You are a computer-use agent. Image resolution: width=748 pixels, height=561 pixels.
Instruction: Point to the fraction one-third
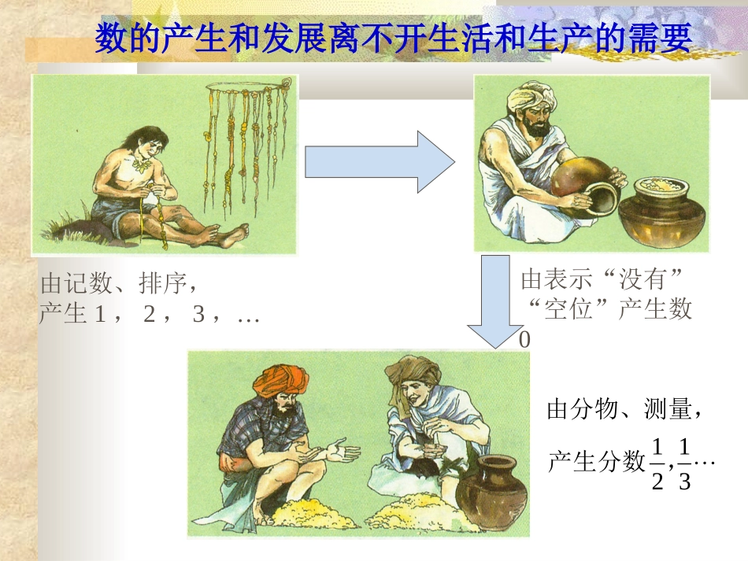coord(683,463)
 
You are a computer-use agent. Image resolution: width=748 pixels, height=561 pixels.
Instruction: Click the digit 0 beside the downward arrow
coord(524,341)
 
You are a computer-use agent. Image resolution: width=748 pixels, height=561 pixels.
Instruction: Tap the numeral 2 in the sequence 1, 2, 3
coord(150,315)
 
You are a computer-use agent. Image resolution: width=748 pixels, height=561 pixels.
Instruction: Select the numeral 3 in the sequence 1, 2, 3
coord(198,315)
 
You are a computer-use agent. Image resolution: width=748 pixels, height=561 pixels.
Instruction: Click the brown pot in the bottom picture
coord(491,491)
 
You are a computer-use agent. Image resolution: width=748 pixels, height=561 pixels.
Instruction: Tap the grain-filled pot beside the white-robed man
coord(662,212)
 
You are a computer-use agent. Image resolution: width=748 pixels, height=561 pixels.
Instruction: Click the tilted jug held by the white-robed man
coord(587,184)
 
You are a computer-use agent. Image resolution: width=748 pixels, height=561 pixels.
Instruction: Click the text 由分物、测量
coord(622,410)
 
